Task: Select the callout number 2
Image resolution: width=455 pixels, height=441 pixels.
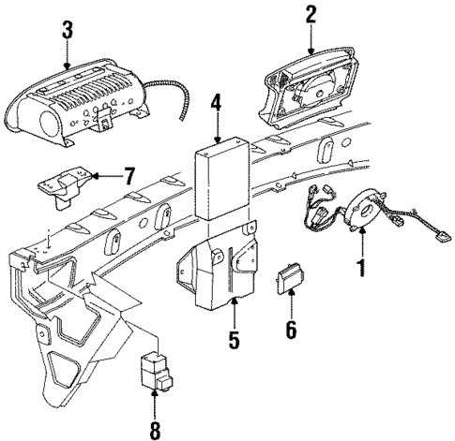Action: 311,14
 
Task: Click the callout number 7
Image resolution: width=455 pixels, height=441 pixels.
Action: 130,175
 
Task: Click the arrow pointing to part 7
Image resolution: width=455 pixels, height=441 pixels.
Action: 106,175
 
